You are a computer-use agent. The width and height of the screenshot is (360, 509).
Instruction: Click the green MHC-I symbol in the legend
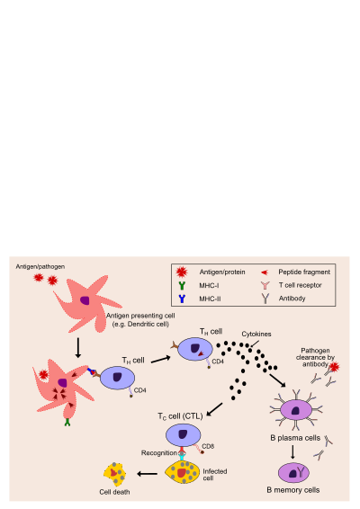(182, 285)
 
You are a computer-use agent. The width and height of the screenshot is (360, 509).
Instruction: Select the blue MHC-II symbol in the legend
(182, 299)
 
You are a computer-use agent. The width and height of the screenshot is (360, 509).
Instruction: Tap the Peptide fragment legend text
(304, 272)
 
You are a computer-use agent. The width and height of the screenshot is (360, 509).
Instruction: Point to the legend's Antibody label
(292, 299)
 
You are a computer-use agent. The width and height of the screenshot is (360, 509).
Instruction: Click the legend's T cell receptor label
(301, 285)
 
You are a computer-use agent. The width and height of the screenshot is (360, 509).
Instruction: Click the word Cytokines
(256, 334)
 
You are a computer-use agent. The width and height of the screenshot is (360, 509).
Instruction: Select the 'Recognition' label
(159, 453)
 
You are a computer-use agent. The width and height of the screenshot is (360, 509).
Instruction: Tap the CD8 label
(208, 446)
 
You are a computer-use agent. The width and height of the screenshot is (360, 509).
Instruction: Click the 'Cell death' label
(114, 492)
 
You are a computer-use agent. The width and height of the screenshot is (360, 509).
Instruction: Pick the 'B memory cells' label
(293, 490)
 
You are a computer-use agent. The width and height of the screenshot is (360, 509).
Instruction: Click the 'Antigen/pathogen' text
(40, 266)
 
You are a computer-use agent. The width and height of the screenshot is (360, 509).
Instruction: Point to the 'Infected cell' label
(215, 475)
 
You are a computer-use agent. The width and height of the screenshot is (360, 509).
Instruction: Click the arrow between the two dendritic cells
(78, 348)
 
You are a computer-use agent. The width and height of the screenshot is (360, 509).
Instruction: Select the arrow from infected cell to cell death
(148, 474)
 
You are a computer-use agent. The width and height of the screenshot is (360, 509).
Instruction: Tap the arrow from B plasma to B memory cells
(292, 451)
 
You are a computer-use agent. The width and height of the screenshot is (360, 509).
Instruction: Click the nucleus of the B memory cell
(293, 474)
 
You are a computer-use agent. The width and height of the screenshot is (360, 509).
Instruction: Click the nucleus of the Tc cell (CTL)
(183, 434)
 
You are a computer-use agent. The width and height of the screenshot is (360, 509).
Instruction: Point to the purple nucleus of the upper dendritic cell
(85, 300)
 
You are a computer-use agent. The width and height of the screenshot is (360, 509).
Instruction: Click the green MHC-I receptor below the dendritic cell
(67, 422)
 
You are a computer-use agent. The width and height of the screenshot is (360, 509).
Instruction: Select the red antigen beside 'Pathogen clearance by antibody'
(334, 367)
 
